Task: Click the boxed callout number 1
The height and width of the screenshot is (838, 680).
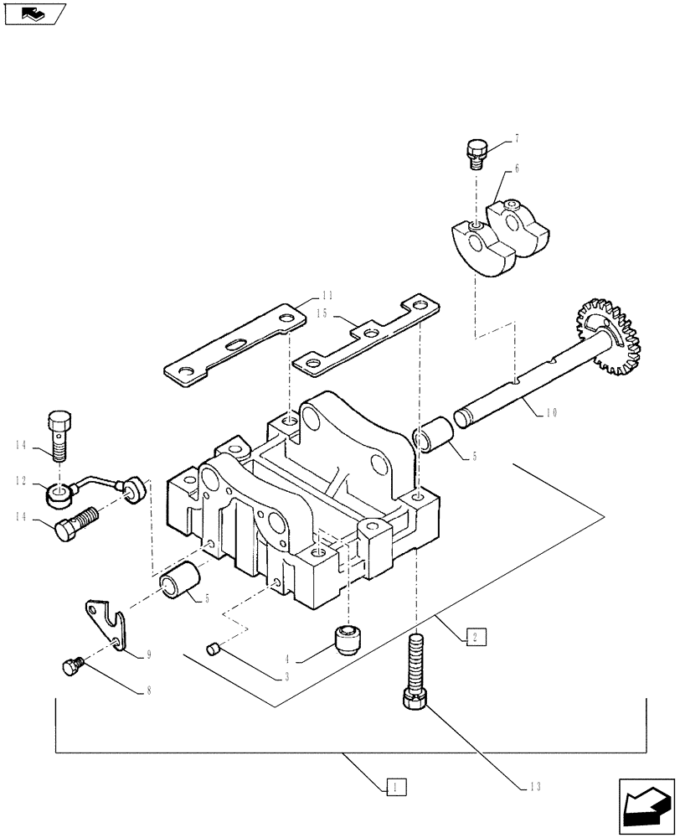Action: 396,786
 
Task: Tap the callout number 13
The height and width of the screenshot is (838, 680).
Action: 536,786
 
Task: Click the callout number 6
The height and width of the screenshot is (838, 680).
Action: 517,168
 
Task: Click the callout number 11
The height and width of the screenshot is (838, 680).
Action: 327,295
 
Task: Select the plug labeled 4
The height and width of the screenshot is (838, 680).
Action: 348,640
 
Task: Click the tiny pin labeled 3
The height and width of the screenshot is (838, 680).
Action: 213,647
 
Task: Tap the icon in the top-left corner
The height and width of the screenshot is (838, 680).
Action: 33,13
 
